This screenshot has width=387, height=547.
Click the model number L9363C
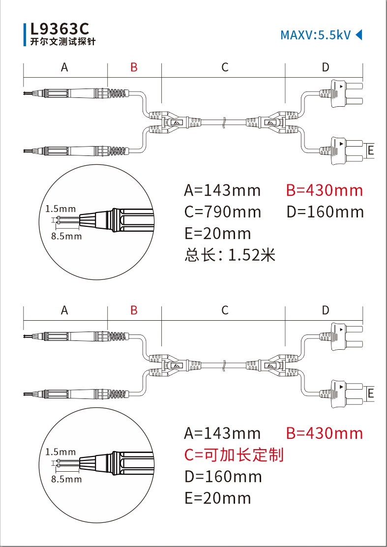pos(60,28)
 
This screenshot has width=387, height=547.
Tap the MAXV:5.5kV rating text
pos(315,35)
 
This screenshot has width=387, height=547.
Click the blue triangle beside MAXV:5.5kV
pos(358,34)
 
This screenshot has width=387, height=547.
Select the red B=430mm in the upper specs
pos(325,190)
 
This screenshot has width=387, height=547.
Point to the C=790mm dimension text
pos(223,212)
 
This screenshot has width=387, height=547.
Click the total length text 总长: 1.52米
pos(230,255)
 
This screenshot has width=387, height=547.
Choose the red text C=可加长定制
pos(234,455)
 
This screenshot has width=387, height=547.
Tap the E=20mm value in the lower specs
pos(217,498)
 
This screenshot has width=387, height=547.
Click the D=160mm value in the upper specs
pos(325,212)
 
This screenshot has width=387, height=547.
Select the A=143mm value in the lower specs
pos(222,433)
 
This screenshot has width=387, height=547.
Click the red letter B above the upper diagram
pos(134,67)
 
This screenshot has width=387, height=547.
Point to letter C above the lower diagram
pos(225,310)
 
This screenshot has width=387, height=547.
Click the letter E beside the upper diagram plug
pos(371,150)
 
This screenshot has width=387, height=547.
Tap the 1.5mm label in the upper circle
pos(60,209)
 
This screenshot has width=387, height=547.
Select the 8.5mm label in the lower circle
pos(66,479)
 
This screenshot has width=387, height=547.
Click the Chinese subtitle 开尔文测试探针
pos(63,42)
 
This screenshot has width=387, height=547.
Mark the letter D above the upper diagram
pos(325,67)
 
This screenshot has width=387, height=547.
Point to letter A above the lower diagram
pos(64,310)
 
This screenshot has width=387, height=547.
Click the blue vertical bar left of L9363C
pos(25,34)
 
